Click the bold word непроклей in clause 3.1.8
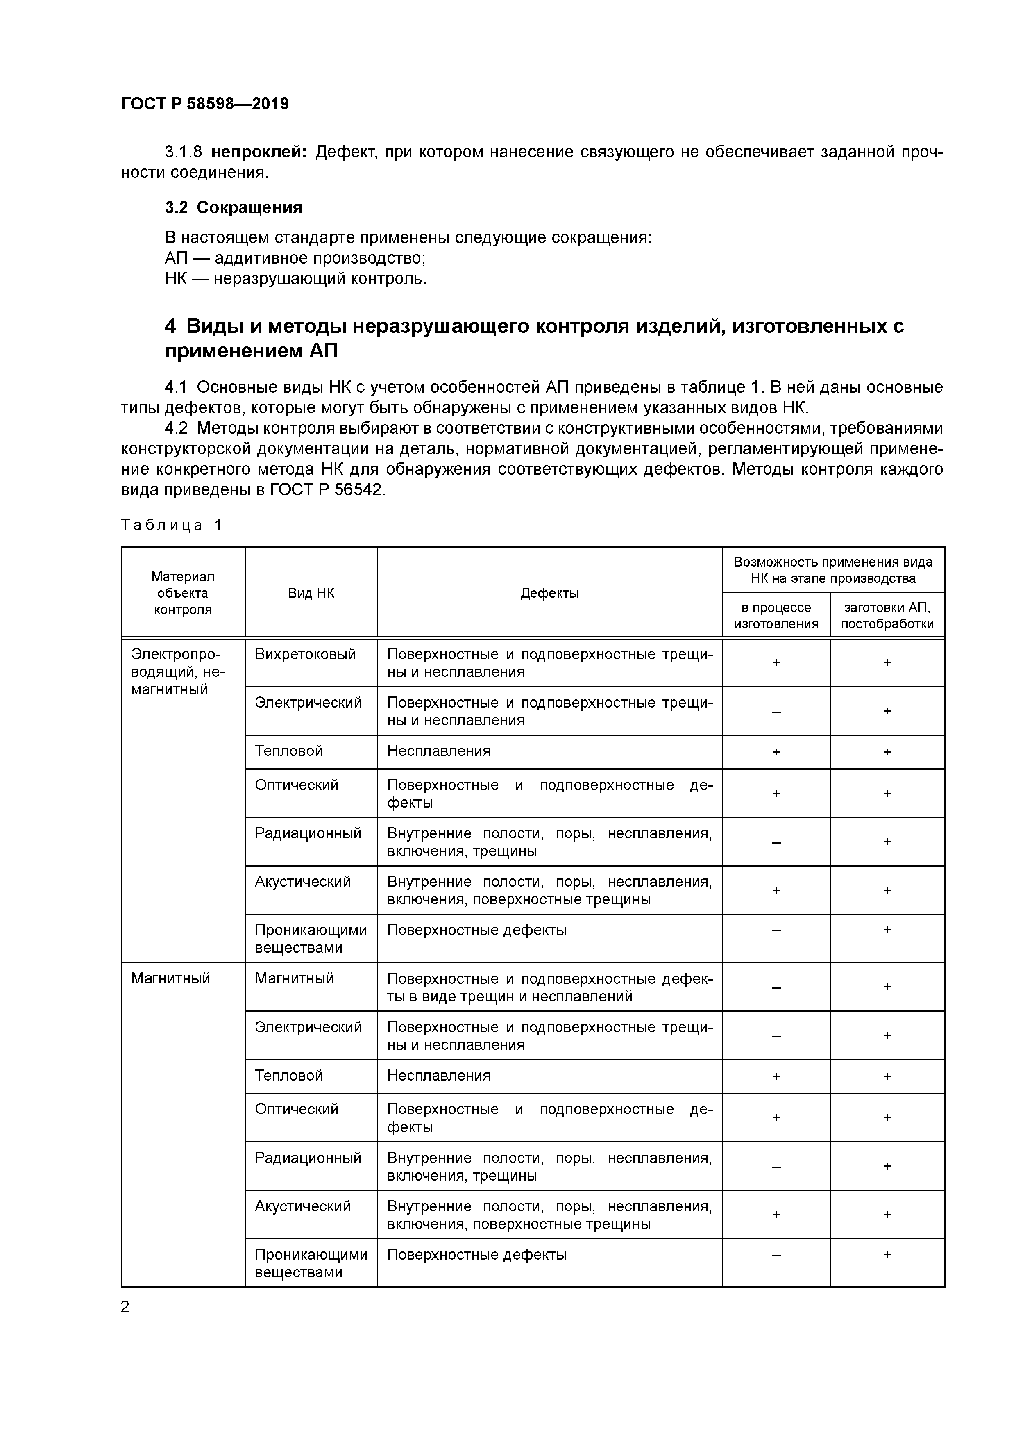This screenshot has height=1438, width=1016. (259, 152)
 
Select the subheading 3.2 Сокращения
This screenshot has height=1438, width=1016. (234, 208)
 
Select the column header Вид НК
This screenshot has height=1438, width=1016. (311, 593)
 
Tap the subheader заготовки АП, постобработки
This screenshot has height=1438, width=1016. (887, 616)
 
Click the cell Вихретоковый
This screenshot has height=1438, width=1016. (305, 655)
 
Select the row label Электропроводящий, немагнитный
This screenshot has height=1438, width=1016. (177, 671)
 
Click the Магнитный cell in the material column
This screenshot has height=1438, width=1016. (170, 978)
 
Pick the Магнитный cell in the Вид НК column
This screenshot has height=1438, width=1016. (294, 978)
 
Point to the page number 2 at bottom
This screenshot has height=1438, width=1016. (125, 1306)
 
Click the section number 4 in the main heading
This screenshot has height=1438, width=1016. (170, 326)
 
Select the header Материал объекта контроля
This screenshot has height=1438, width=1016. (183, 593)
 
